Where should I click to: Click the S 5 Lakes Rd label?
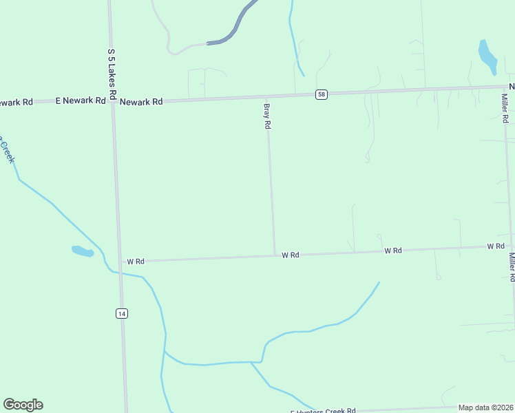coord(111,72)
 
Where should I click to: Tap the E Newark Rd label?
coord(81,100)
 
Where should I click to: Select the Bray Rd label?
coord(267,116)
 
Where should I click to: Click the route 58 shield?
coord(321,94)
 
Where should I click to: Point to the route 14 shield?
coord(121,314)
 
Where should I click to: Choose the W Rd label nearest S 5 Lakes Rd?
coord(135,262)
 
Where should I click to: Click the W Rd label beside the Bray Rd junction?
coord(290,255)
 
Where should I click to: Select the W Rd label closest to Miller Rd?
coord(496,246)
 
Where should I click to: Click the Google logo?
coord(23,405)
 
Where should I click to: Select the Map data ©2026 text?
coord(485,407)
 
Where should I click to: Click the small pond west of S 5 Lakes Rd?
coord(83,251)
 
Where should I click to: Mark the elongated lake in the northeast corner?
coord(487,56)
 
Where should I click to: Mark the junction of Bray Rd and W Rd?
coord(275,255)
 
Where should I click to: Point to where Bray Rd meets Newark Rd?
coord(267,96)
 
